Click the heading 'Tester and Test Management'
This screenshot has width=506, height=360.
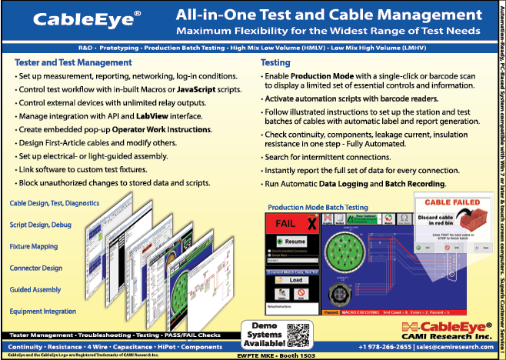73,62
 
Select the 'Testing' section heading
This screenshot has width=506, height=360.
275,62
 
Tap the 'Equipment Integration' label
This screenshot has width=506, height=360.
45,310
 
